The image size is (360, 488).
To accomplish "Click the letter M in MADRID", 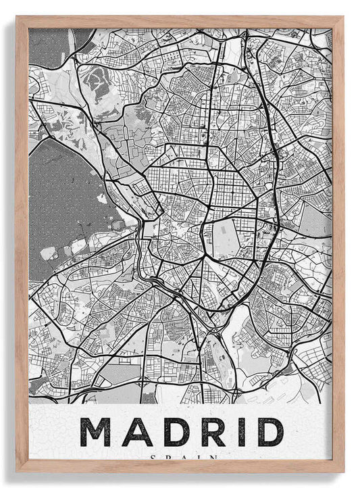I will (x=95, y=432).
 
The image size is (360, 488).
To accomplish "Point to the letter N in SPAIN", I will (x=212, y=458).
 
